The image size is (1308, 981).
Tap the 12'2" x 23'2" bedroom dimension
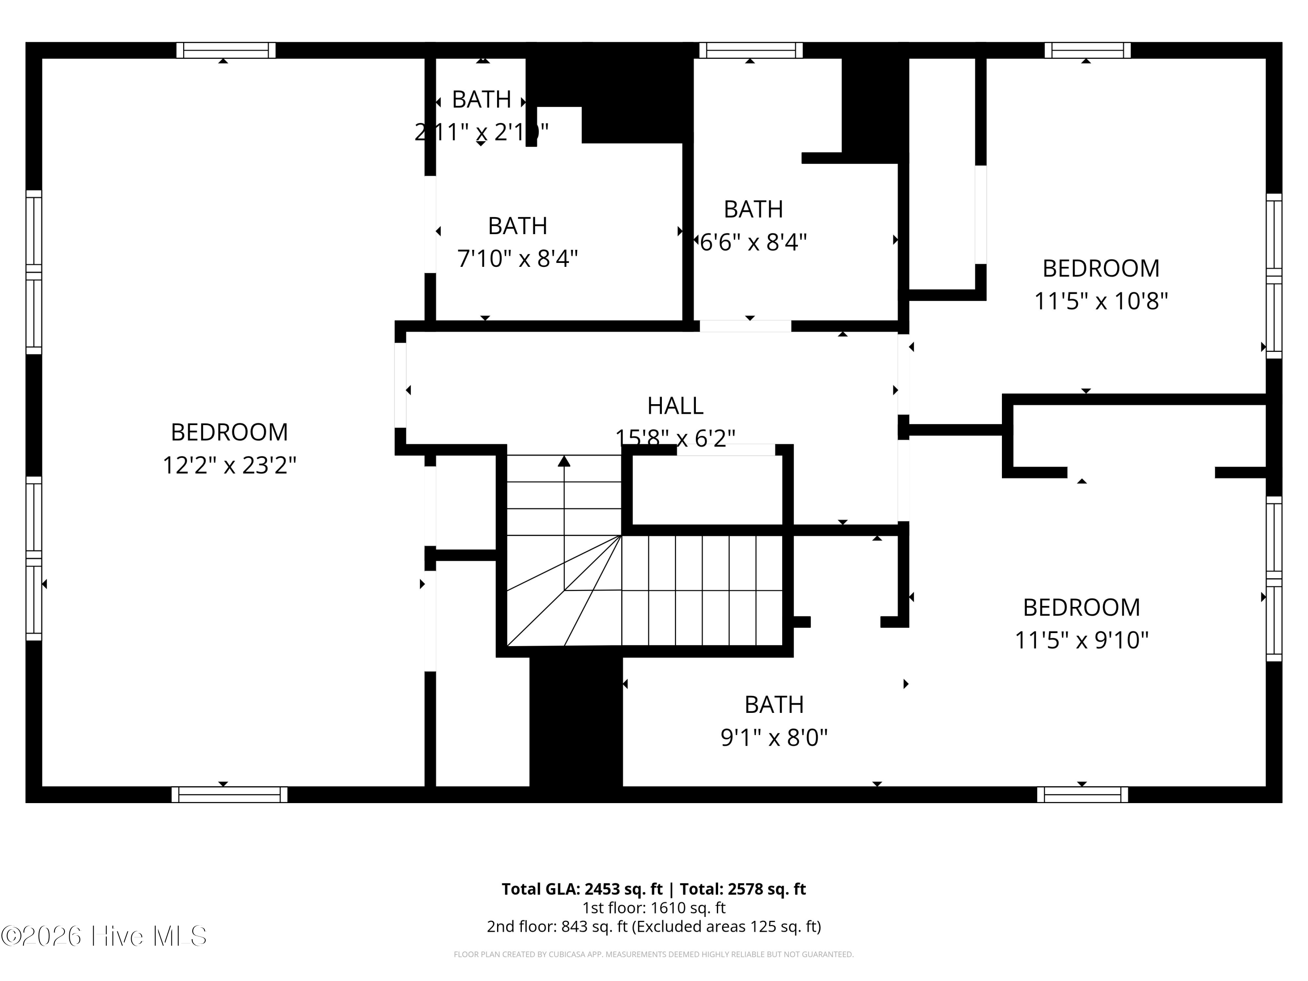(x=229, y=465)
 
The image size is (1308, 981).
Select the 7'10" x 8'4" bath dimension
(x=518, y=259)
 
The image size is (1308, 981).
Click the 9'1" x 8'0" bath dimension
(x=773, y=737)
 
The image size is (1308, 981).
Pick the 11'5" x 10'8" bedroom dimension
(x=1100, y=301)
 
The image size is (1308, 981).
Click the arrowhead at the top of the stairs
(x=564, y=461)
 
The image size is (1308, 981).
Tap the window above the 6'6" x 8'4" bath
(x=750, y=50)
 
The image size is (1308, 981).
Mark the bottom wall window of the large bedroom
(x=229, y=794)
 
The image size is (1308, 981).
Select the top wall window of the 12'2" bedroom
(x=226, y=50)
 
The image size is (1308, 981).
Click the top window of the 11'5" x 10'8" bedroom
(x=1087, y=50)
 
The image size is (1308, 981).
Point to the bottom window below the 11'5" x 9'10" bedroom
(x=1082, y=794)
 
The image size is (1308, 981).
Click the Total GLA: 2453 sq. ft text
(x=654, y=889)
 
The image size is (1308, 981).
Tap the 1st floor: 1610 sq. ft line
(x=654, y=908)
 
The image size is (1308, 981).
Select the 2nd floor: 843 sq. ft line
(x=654, y=926)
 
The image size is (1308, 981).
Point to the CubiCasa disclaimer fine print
(x=654, y=954)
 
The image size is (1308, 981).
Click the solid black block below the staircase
(x=576, y=722)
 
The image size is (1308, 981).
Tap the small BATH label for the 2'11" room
(x=481, y=99)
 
